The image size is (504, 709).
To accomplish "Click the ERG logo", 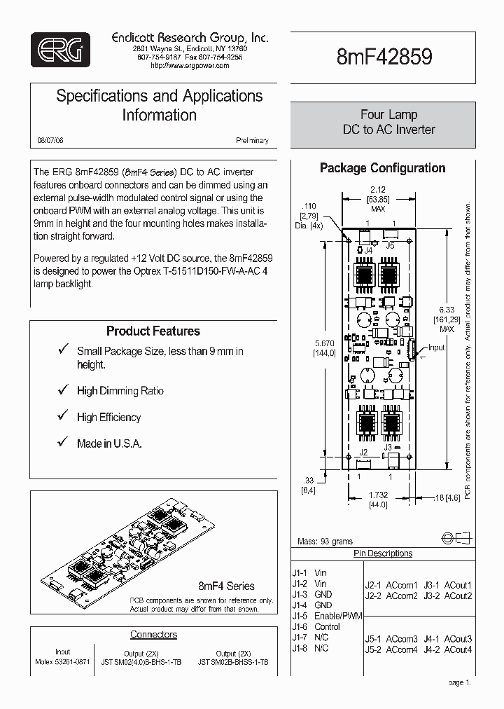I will [x=60, y=49].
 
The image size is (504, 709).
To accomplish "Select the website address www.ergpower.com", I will [x=190, y=65].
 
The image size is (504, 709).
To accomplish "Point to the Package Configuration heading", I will [x=382, y=168].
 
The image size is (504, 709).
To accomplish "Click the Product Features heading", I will [x=153, y=331].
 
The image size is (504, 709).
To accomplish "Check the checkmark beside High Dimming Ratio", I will [x=62, y=390].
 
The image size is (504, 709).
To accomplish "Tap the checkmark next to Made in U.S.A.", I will [x=62, y=443].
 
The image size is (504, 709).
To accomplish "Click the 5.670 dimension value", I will [x=325, y=343].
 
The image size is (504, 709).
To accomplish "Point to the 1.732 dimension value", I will [x=378, y=495].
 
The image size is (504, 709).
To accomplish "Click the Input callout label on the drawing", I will [x=436, y=347].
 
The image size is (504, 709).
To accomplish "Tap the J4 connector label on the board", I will [x=367, y=249].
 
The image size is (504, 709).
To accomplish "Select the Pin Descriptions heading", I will [x=382, y=553].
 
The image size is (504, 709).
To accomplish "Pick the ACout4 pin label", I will [x=458, y=649].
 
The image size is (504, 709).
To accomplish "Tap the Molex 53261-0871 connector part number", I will [x=62, y=661].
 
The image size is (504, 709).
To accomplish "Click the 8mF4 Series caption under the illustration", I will [x=226, y=586].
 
